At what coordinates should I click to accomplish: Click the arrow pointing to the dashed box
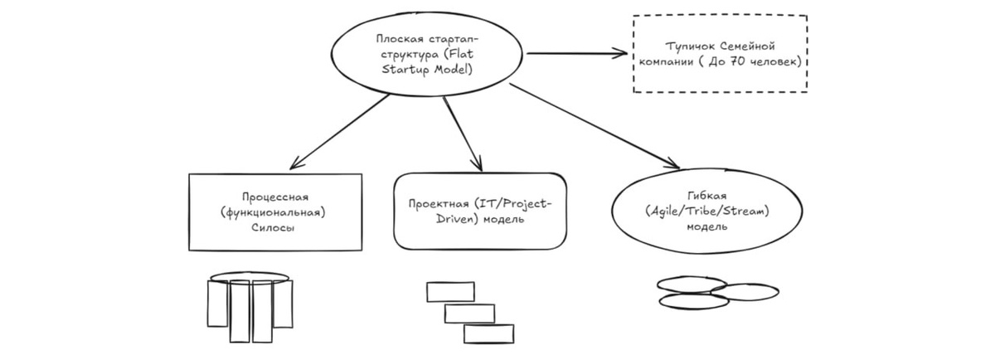[577, 54]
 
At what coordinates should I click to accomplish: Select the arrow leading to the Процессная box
[340, 129]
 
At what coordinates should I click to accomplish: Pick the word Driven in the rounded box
[430, 220]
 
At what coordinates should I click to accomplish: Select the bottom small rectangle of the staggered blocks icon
[488, 333]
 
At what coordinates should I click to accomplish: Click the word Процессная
[275, 197]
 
